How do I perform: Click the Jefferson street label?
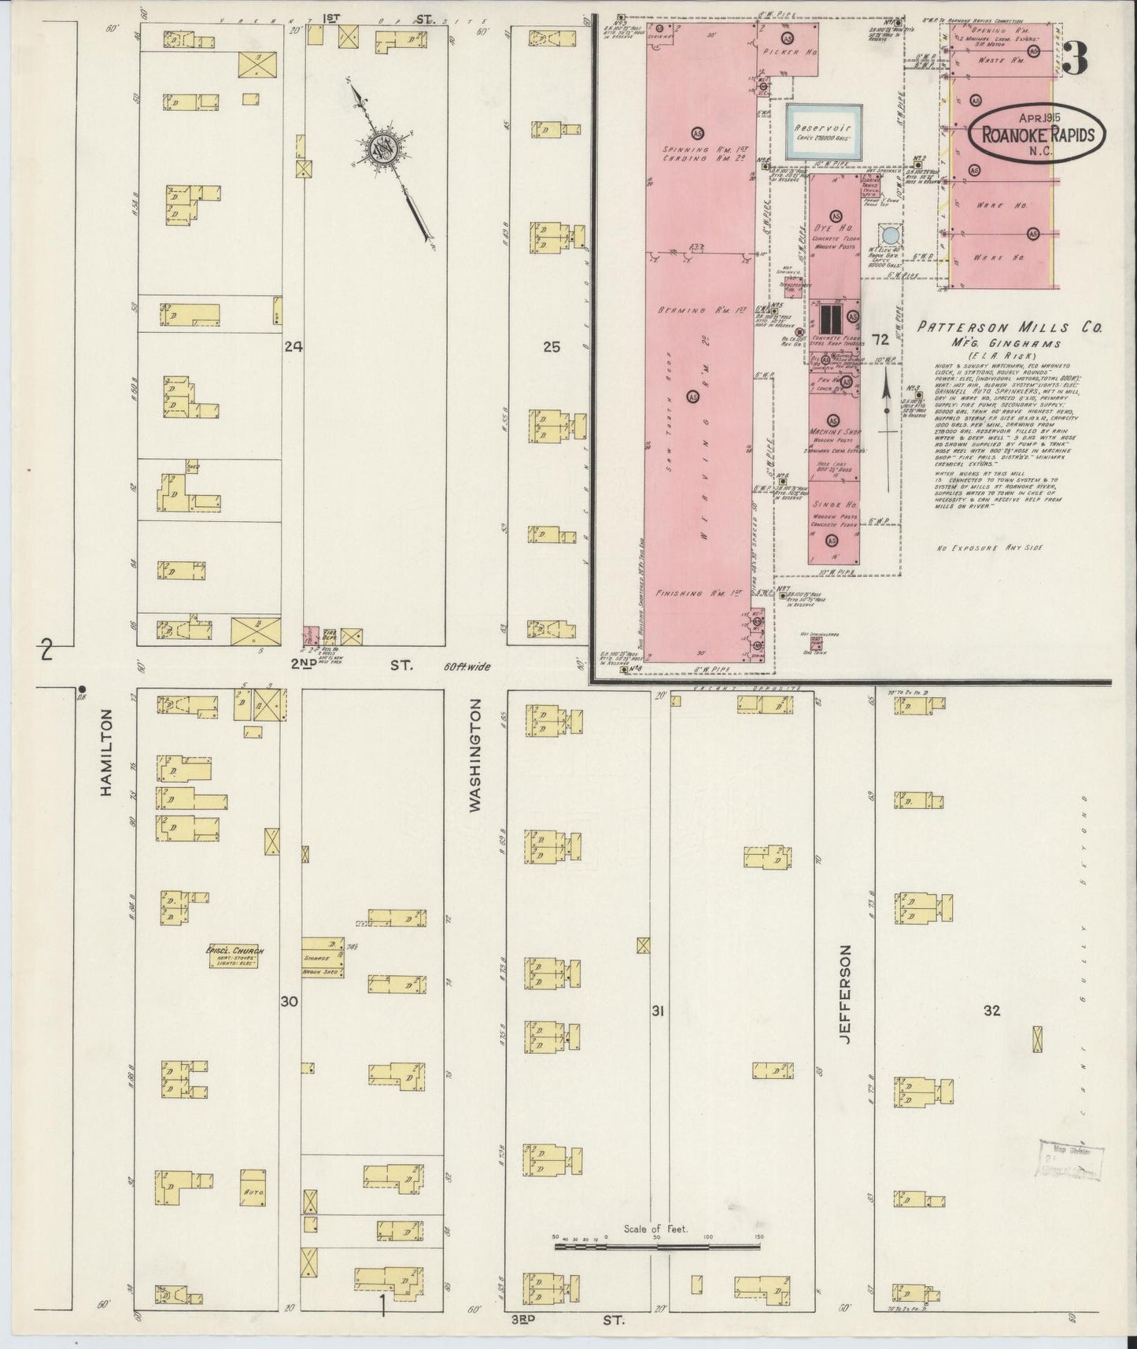point(845,995)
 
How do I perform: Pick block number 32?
point(991,1011)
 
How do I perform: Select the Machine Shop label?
point(832,433)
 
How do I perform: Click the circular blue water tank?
point(889,235)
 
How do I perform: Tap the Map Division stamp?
point(1071,1159)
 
